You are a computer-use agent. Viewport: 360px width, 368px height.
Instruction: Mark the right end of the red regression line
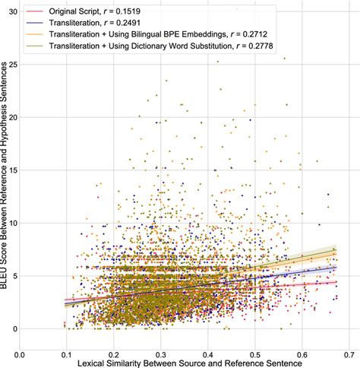[x=336, y=282]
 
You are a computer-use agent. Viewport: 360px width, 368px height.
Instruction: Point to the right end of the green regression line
[x=336, y=249]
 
